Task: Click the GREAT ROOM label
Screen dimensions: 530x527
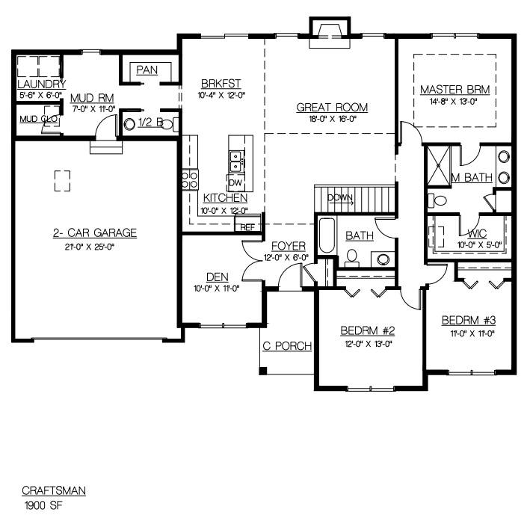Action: pyautogui.click(x=332, y=108)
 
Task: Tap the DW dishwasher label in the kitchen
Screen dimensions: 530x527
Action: pyautogui.click(x=235, y=183)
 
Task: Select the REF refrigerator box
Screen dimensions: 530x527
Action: pyautogui.click(x=247, y=224)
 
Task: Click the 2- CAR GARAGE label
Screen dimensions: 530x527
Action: pyautogui.click(x=95, y=233)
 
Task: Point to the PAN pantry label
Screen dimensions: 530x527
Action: pyautogui.click(x=147, y=70)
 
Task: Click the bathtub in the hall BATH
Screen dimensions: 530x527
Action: pyautogui.click(x=327, y=235)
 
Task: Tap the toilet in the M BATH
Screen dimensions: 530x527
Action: pyautogui.click(x=437, y=200)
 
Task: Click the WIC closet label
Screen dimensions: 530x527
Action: pyautogui.click(x=477, y=233)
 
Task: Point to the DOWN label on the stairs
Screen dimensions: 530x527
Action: pyautogui.click(x=340, y=198)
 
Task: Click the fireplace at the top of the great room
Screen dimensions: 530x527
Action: pyautogui.click(x=330, y=32)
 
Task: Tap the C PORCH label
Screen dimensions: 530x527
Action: pyautogui.click(x=287, y=346)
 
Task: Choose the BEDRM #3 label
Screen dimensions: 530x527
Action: pyautogui.click(x=469, y=320)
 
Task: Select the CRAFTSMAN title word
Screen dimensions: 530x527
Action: pyautogui.click(x=54, y=491)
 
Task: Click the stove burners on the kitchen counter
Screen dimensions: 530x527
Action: pyautogui.click(x=191, y=180)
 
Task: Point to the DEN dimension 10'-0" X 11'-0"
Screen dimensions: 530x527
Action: pyautogui.click(x=217, y=289)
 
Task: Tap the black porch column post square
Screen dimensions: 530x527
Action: pyautogui.click(x=263, y=371)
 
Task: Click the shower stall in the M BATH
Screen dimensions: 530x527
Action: pyautogui.click(x=439, y=166)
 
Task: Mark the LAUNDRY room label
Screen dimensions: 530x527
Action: pyautogui.click(x=42, y=84)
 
